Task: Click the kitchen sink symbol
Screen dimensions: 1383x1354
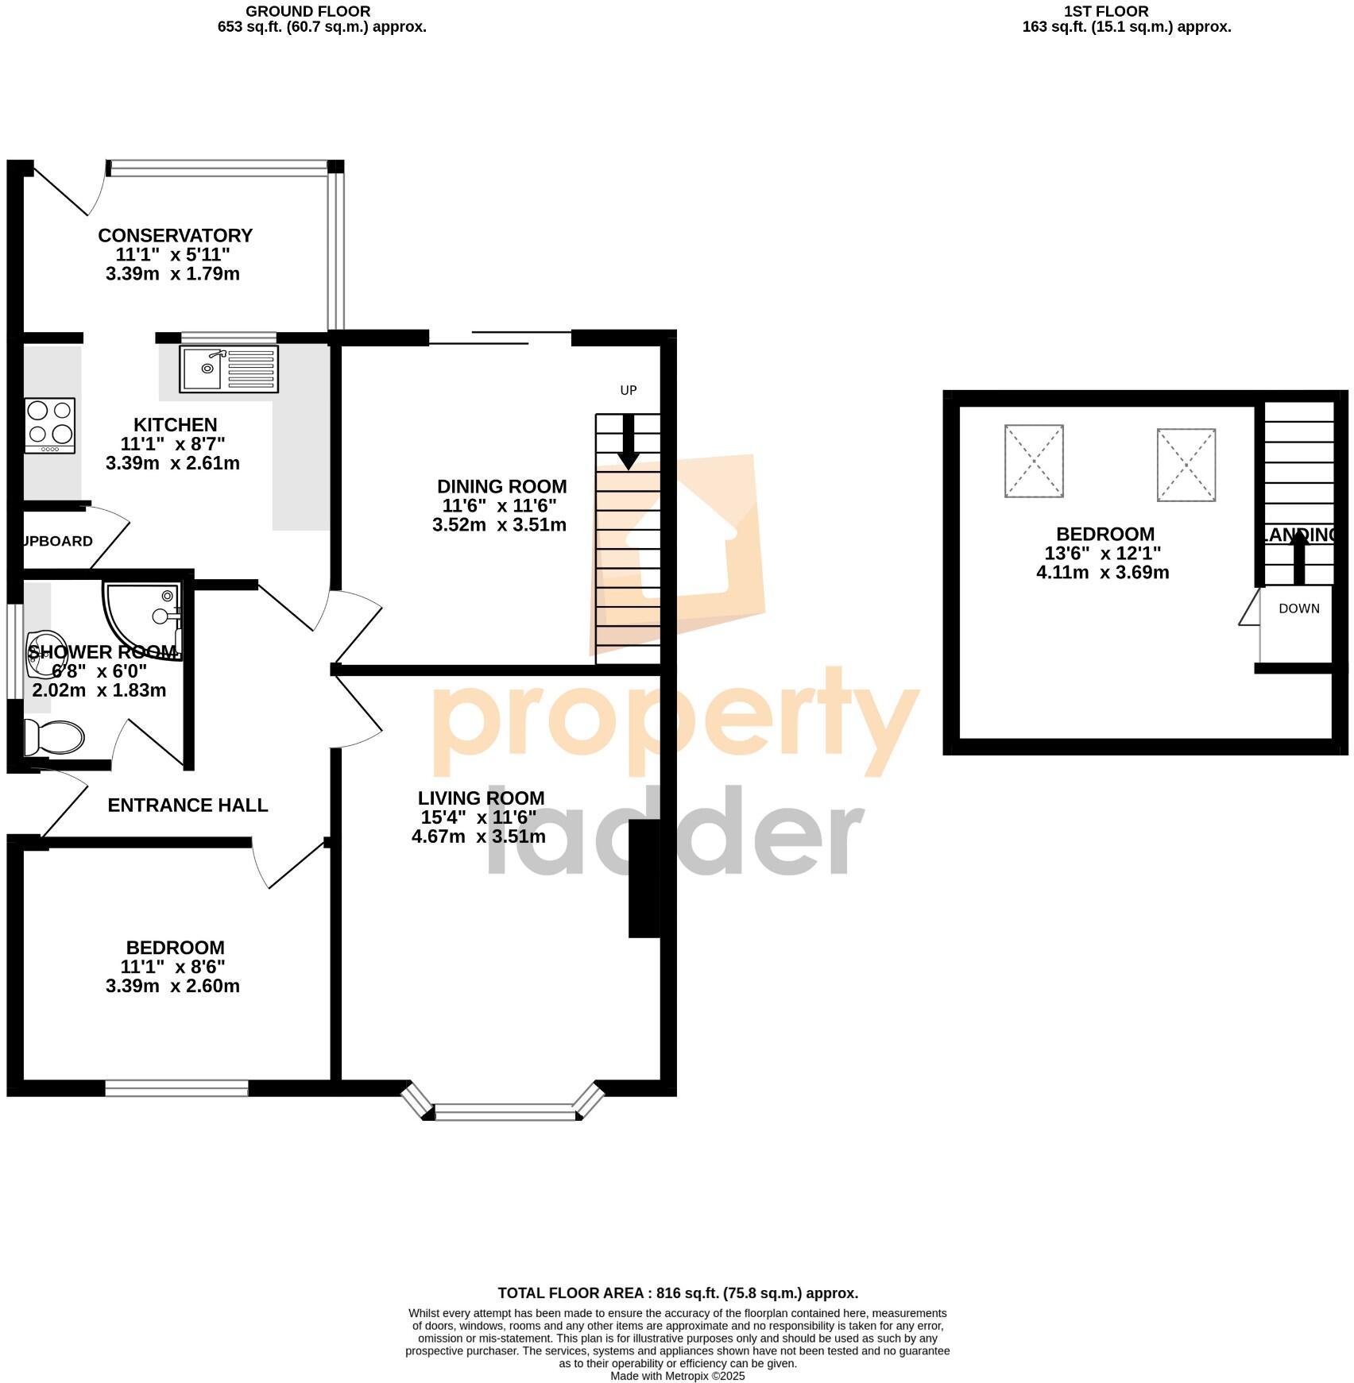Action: click(229, 369)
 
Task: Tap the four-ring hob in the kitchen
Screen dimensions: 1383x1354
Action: click(50, 425)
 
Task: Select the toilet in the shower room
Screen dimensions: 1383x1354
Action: click(54, 737)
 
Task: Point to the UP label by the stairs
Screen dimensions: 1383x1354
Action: click(629, 390)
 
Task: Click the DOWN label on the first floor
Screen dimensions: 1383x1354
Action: click(1298, 608)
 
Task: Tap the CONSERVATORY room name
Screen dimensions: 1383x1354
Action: click(175, 236)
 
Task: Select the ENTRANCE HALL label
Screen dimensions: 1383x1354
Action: click(188, 805)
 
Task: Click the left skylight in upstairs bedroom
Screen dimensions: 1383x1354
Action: click(1034, 461)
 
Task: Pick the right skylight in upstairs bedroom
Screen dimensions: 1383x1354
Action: click(1186, 465)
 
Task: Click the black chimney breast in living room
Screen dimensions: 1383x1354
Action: click(644, 879)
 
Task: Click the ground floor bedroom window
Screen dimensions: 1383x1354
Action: click(176, 1087)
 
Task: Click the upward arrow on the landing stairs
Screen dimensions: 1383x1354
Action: click(1299, 557)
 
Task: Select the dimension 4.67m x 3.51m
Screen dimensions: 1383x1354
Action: click(478, 836)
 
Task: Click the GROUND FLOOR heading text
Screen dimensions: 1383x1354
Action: click(308, 12)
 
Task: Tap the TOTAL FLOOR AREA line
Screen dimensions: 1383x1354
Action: click(677, 1293)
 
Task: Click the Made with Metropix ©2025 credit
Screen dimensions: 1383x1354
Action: click(677, 1376)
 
